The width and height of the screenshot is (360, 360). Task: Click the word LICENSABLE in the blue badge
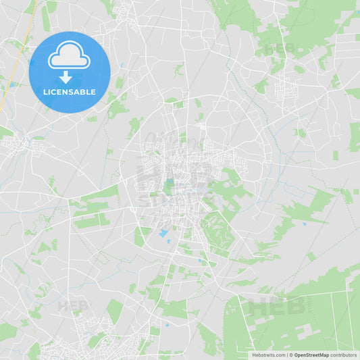(68, 91)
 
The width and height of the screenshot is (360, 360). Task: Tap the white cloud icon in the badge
(68, 55)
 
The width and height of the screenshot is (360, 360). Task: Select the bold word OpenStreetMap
(311, 355)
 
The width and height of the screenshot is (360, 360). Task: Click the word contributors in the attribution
(343, 355)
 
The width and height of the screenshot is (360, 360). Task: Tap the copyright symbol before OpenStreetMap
(290, 355)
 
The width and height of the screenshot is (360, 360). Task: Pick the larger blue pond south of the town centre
(163, 234)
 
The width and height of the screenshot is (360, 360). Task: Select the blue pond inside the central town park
(170, 183)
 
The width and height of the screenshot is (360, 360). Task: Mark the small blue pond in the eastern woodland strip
(303, 224)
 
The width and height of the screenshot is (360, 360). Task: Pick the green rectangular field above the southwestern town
(114, 310)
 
